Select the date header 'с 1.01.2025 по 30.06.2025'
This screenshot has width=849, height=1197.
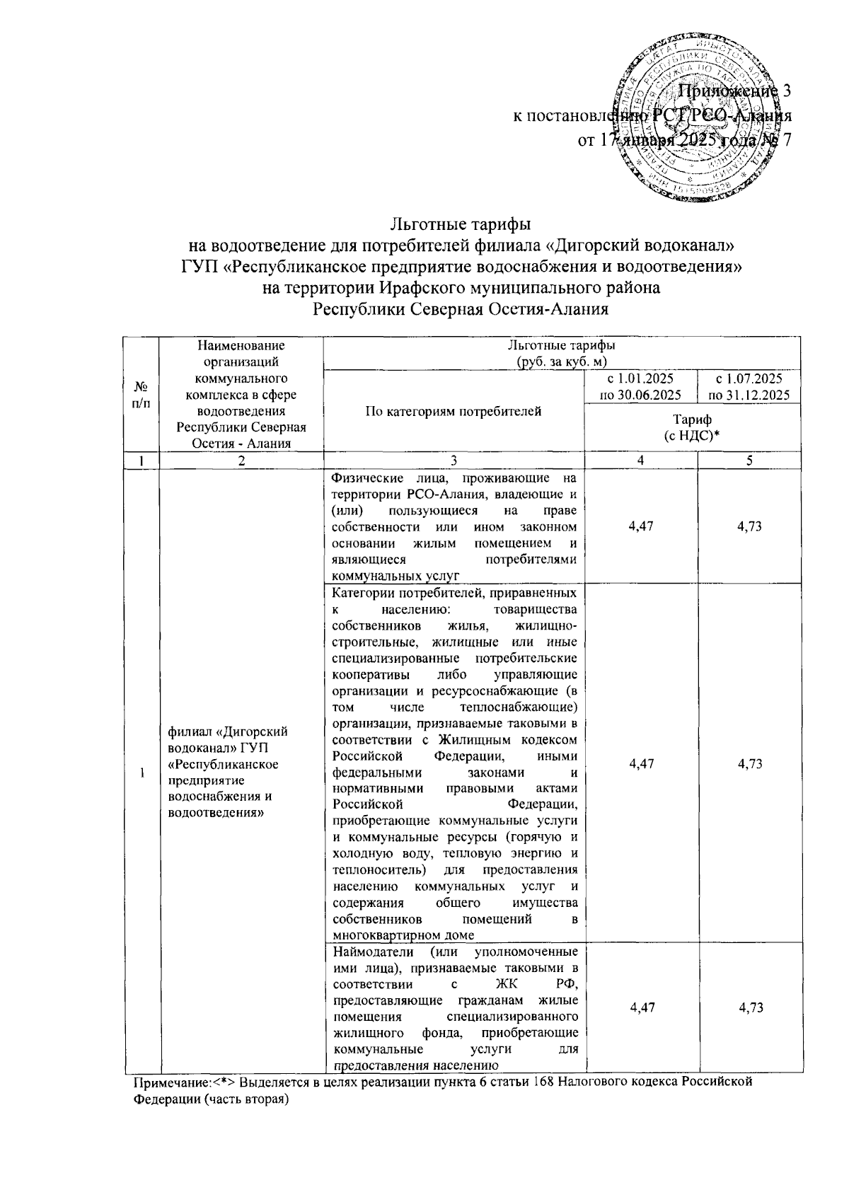click(x=640, y=386)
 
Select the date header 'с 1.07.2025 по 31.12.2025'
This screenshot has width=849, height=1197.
click(x=749, y=386)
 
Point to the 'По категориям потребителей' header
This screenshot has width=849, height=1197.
click(x=454, y=411)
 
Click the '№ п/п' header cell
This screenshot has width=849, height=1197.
click(x=142, y=395)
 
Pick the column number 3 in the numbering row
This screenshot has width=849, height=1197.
click(x=454, y=460)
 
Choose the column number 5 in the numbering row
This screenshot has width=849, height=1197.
click(x=749, y=460)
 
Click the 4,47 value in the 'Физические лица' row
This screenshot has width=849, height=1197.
click(x=640, y=526)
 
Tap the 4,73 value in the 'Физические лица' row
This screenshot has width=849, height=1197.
click(x=749, y=526)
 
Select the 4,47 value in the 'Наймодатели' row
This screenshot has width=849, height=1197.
click(x=640, y=1007)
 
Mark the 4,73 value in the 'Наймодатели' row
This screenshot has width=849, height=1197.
click(x=749, y=1007)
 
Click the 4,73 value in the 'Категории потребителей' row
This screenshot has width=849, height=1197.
click(x=749, y=763)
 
